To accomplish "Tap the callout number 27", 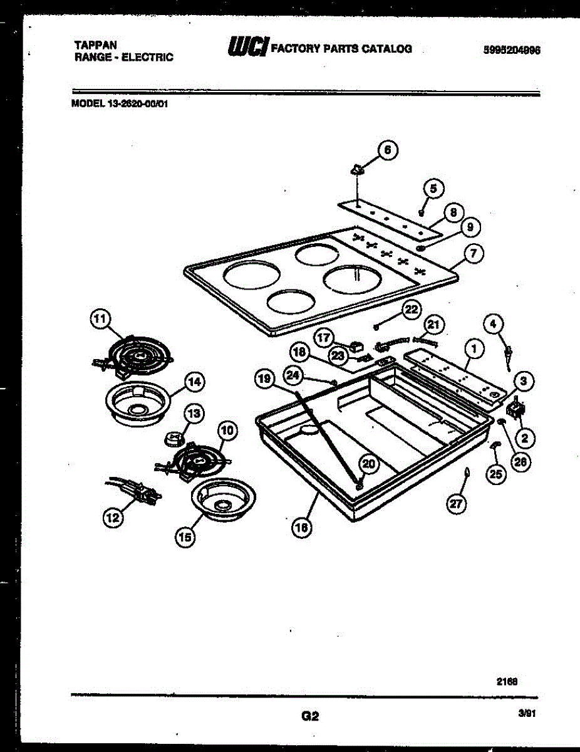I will click(x=457, y=504).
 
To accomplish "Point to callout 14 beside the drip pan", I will click(x=194, y=381).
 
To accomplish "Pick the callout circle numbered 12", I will click(x=112, y=518).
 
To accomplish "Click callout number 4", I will click(x=494, y=324).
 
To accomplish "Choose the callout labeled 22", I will click(x=410, y=309).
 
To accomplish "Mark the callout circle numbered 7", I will click(x=474, y=254).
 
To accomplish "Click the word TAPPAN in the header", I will click(x=91, y=45).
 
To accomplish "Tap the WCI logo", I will click(x=248, y=46).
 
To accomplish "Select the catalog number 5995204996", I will click(x=512, y=51).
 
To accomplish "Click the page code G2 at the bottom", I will click(x=310, y=716).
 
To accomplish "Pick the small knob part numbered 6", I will click(x=357, y=169).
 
